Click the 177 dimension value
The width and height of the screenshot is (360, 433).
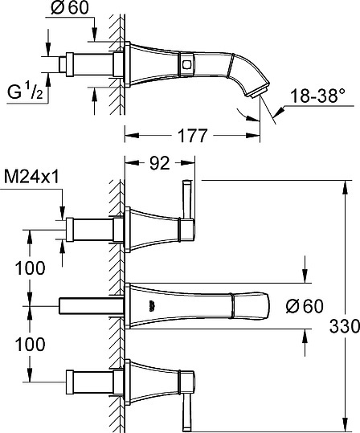(192, 136)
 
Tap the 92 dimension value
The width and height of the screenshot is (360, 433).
(160, 163)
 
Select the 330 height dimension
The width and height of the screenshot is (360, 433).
(345, 327)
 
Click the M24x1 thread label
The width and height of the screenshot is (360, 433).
(32, 177)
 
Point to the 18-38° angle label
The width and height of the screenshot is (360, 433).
(318, 96)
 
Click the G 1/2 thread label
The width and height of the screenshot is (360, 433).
(25, 92)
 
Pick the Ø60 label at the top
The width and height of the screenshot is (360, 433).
(70, 8)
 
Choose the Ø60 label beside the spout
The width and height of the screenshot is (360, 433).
(305, 306)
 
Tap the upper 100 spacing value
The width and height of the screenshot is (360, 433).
(30, 268)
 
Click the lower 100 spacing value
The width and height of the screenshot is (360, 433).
(30, 345)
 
